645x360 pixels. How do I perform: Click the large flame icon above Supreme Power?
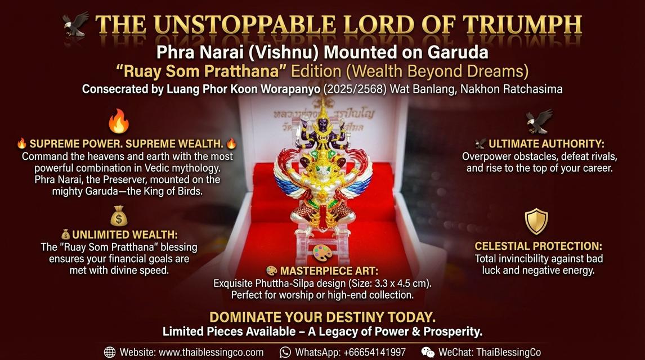(x=118, y=120)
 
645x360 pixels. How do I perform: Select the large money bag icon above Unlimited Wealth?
(x=119, y=216)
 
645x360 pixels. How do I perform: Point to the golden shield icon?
(x=536, y=221)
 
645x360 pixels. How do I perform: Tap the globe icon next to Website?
(x=110, y=352)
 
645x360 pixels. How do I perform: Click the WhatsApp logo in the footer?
(x=285, y=352)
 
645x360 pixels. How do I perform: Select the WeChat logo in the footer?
(x=428, y=352)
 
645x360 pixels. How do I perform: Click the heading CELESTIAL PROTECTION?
(x=538, y=246)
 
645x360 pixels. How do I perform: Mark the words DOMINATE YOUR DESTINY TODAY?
(x=322, y=317)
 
